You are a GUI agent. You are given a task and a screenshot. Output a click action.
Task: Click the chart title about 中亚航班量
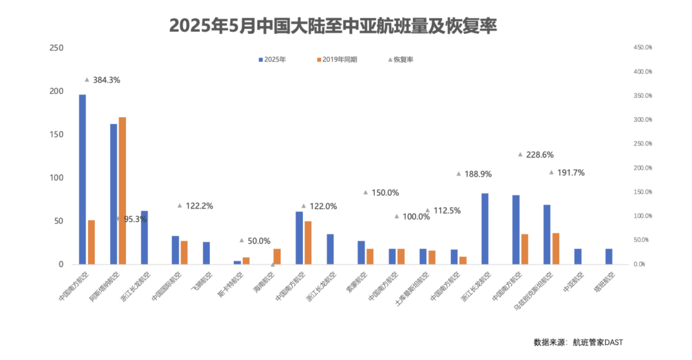pos(333,26)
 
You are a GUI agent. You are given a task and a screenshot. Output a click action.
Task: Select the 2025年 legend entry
pos(272,60)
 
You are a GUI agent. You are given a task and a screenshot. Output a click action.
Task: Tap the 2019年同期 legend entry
pos(337,60)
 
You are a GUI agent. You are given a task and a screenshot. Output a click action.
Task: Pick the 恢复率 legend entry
pos(401,60)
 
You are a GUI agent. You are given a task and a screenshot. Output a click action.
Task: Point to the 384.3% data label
pos(106,80)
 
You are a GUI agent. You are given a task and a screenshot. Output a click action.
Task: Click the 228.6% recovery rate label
pos(540,155)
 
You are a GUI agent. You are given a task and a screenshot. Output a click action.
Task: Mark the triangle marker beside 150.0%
pos(365,192)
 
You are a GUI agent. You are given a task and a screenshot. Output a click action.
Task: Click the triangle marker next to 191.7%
pos(551,172)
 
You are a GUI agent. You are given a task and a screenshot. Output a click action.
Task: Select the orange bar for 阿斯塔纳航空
pos(122,190)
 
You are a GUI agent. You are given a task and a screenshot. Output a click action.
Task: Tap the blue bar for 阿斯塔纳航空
pos(114,194)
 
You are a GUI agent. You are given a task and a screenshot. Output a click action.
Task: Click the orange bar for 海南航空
pos(277,256)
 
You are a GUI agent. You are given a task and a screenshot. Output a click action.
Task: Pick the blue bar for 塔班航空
pos(609,256)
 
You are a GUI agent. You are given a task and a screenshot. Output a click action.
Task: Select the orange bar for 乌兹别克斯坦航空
pos(555,249)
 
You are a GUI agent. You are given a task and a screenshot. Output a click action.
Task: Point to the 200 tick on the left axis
pos(57,91)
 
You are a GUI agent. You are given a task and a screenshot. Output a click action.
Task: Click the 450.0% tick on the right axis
pos(643,47)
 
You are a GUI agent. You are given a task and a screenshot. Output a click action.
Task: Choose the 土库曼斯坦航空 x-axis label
pos(412,289)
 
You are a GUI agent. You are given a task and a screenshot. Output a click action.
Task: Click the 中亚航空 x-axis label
pos(574,282)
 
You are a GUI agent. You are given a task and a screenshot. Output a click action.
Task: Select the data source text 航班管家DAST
pos(597,342)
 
